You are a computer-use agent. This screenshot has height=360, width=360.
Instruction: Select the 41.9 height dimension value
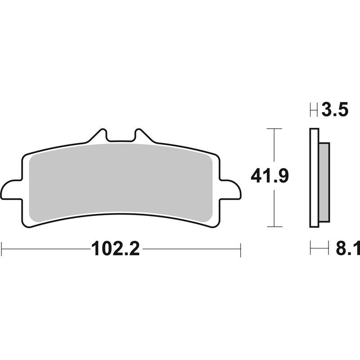point(270,176)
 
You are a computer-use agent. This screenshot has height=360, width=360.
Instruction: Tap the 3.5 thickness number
point(335,109)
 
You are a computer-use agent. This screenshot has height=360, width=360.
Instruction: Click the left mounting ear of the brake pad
point(11,189)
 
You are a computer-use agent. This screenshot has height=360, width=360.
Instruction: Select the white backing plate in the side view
point(314,178)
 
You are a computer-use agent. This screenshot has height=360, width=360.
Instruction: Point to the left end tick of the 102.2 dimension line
point(2,248)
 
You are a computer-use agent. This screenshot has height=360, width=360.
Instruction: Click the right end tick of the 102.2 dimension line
point(241,248)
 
